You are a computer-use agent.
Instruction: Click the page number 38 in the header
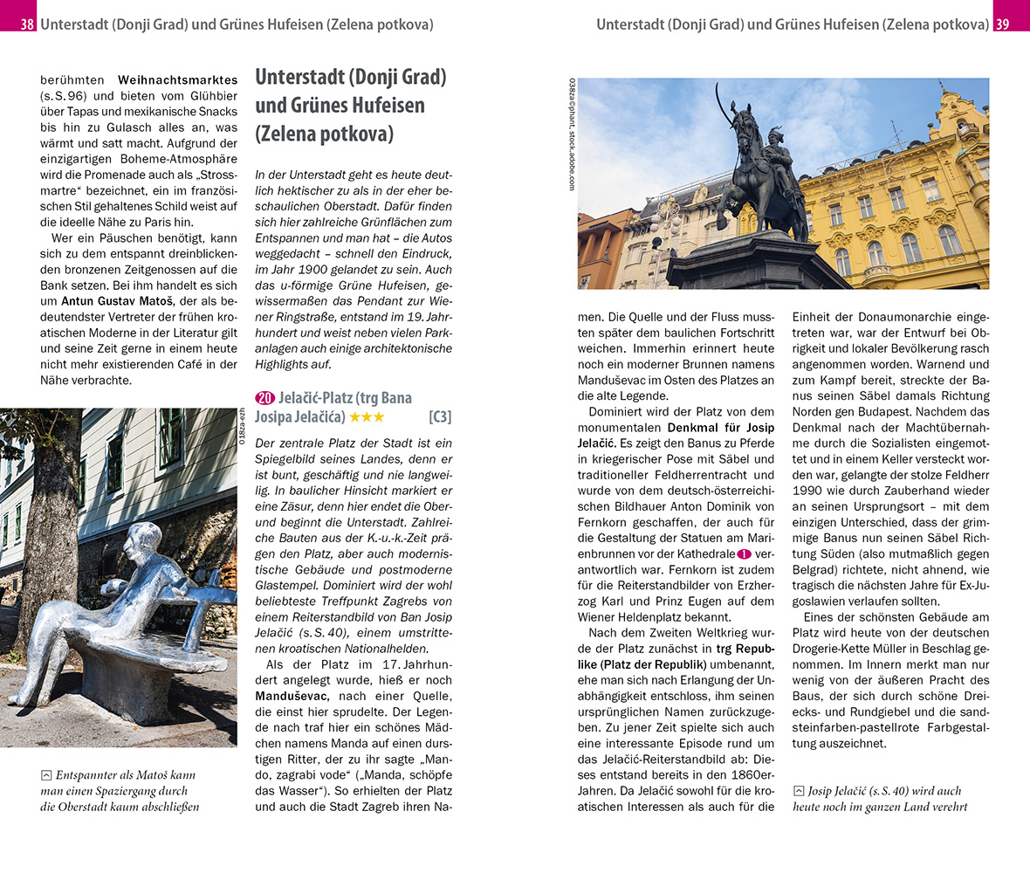(27, 24)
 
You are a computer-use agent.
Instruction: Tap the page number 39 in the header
(1002, 24)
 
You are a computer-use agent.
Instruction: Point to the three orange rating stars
(367, 417)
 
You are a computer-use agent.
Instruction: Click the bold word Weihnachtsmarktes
(177, 79)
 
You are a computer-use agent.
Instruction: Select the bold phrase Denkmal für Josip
(720, 428)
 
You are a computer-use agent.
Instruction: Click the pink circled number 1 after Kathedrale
(745, 554)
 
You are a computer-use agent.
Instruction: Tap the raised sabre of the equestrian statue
(721, 106)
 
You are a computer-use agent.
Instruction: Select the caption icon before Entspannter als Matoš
(46, 775)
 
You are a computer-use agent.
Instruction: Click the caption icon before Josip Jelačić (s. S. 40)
(799, 792)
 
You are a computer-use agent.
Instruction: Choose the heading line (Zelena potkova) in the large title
(325, 134)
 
